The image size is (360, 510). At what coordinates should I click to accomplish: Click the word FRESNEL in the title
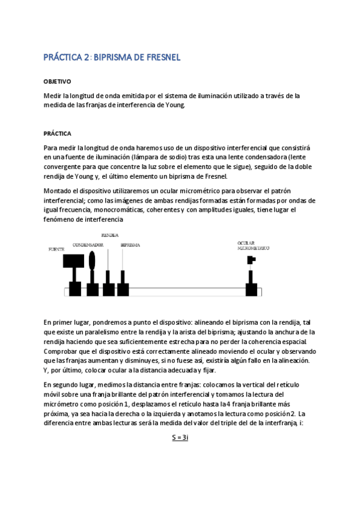click(160, 58)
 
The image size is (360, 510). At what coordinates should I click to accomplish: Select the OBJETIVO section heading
click(58, 81)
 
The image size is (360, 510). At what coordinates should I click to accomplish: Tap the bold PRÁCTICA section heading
click(58, 133)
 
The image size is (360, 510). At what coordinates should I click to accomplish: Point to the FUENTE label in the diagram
click(56, 248)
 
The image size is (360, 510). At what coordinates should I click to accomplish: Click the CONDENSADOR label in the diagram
click(88, 245)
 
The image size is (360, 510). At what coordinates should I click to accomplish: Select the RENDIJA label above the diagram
click(109, 235)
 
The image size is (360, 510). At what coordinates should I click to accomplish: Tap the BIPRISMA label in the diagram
click(130, 245)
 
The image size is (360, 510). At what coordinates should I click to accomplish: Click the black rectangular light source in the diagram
click(73, 260)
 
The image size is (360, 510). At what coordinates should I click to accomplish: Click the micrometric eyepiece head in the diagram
click(251, 260)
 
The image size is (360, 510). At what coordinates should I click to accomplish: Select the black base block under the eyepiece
click(252, 289)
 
